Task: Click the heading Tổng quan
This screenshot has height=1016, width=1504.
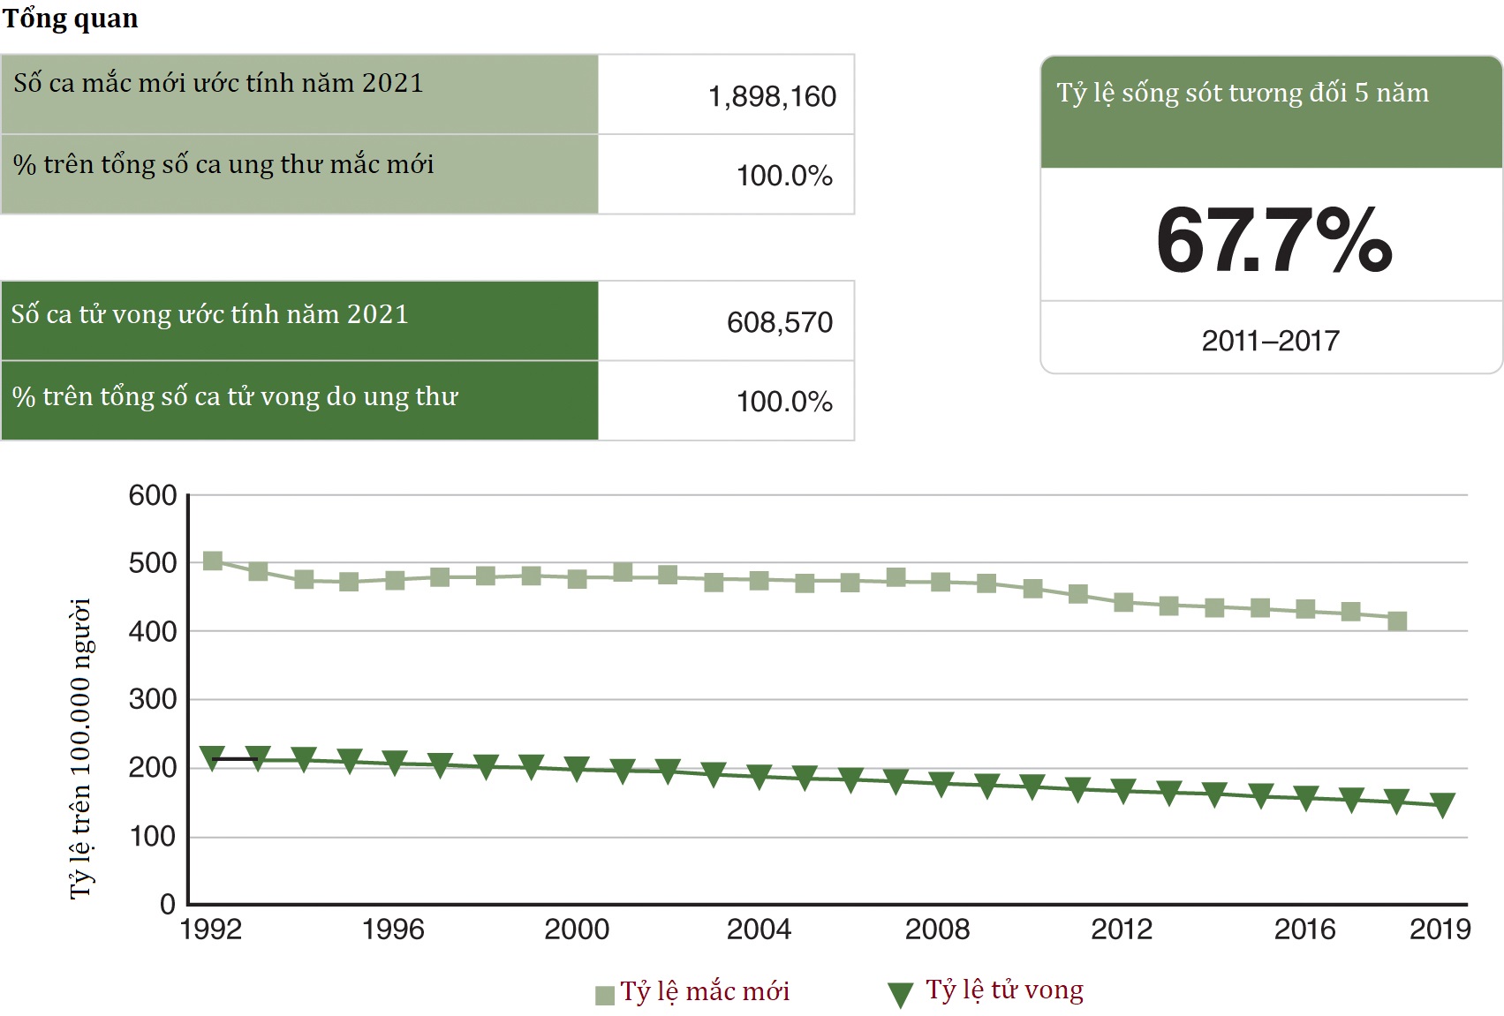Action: [71, 19]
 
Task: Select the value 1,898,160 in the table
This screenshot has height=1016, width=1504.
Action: [772, 96]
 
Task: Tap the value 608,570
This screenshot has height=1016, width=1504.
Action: [779, 322]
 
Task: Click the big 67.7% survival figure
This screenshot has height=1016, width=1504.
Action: [1273, 240]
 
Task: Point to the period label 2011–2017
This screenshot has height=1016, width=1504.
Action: [1270, 341]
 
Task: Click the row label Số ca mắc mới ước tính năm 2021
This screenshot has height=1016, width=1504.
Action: [218, 83]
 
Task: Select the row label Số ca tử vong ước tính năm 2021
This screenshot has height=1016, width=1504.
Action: [209, 314]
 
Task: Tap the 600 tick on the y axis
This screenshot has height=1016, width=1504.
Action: [153, 495]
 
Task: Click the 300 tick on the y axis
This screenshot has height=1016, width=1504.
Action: [153, 699]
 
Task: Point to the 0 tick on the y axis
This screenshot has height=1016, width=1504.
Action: [167, 904]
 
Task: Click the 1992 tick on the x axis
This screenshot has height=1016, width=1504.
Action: [210, 929]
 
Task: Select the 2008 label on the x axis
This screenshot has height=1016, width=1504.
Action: [937, 929]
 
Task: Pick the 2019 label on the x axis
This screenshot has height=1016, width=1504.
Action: [1440, 929]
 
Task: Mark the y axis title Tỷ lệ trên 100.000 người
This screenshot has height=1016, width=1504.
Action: [80, 748]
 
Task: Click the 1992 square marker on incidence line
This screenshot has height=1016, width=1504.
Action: [213, 561]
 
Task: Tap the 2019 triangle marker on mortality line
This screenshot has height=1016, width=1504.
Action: [1442, 804]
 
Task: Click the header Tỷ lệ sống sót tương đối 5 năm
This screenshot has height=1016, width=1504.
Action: [1242, 94]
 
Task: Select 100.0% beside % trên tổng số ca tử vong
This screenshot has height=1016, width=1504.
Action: [784, 402]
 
